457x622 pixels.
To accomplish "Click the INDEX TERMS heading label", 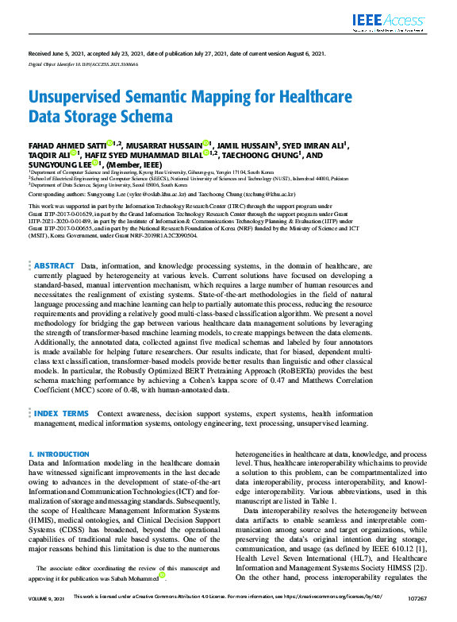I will [62, 414].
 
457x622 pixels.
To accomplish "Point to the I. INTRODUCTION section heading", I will [60, 454].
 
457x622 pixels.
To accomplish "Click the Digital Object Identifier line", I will [83, 62].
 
